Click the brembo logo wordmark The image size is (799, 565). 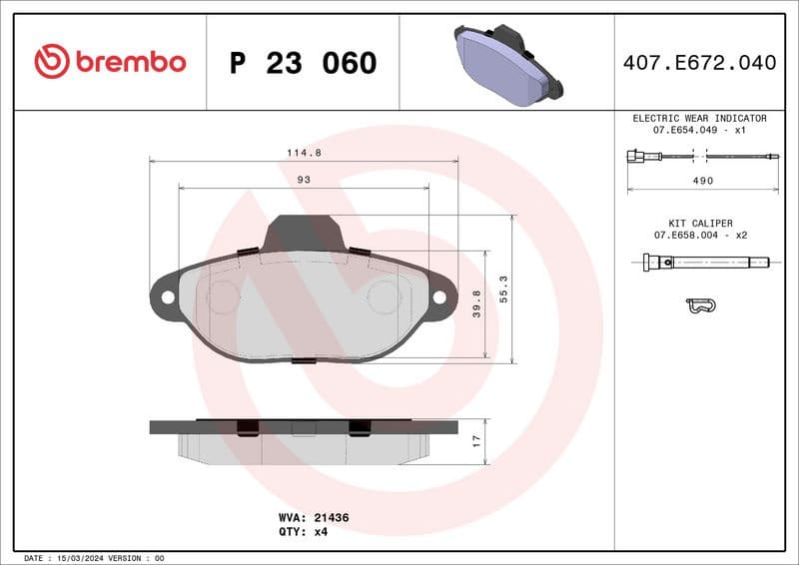tap(110, 62)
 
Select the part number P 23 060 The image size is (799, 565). tap(303, 63)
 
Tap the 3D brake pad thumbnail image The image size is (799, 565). tap(507, 62)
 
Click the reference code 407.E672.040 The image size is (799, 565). tap(698, 63)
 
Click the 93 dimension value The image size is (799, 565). tap(304, 180)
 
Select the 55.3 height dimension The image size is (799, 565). tap(504, 289)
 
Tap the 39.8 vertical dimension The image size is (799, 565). tap(477, 303)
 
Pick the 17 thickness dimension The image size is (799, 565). tap(477, 440)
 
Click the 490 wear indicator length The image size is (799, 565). tap(703, 181)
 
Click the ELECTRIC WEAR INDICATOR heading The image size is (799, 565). tap(699, 118)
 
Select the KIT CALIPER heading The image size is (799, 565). tap(700, 223)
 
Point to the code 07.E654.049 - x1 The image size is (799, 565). tap(700, 130)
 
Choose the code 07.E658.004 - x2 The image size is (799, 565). tap(700, 235)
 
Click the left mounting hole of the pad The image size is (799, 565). tap(167, 296)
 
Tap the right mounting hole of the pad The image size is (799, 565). tap(438, 296)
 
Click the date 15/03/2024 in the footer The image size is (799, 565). tap(79, 558)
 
